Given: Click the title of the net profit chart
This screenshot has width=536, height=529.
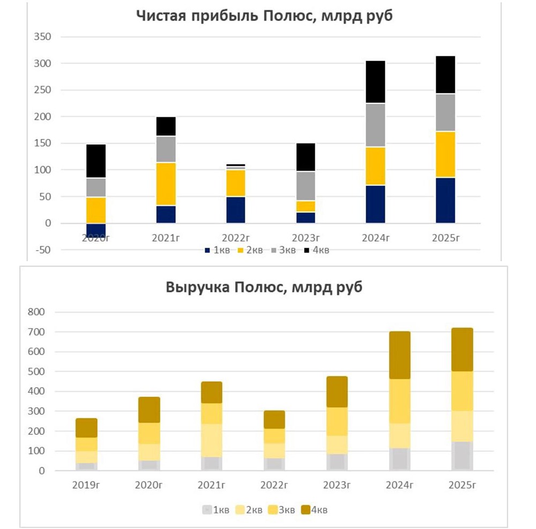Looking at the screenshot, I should (x=264, y=16).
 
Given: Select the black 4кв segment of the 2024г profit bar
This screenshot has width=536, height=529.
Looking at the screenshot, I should (x=375, y=81).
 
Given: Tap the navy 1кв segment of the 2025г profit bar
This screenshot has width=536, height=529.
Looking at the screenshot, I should (x=445, y=200).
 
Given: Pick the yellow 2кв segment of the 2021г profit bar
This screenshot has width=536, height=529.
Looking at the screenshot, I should (x=166, y=184).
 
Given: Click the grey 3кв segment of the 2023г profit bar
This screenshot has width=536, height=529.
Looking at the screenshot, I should (x=306, y=186).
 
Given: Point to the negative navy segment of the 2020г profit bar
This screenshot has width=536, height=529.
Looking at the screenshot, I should (x=96, y=229).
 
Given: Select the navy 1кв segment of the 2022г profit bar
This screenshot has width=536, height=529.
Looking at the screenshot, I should (x=236, y=210).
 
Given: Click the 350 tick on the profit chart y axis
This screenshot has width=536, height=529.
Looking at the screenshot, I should (x=43, y=37).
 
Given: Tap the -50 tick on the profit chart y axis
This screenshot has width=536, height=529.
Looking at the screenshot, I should (x=42, y=250).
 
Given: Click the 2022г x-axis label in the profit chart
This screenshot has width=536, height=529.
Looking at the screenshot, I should (x=236, y=238).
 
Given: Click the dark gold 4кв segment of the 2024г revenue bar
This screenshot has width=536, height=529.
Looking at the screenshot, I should (x=400, y=355).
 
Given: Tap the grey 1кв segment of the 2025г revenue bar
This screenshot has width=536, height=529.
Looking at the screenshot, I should (x=462, y=456).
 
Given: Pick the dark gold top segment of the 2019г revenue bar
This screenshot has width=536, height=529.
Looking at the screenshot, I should (x=86, y=428).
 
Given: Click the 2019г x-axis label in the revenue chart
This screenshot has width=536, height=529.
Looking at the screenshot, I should (x=86, y=486).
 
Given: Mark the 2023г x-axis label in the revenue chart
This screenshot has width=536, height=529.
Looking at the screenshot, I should (x=337, y=486).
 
